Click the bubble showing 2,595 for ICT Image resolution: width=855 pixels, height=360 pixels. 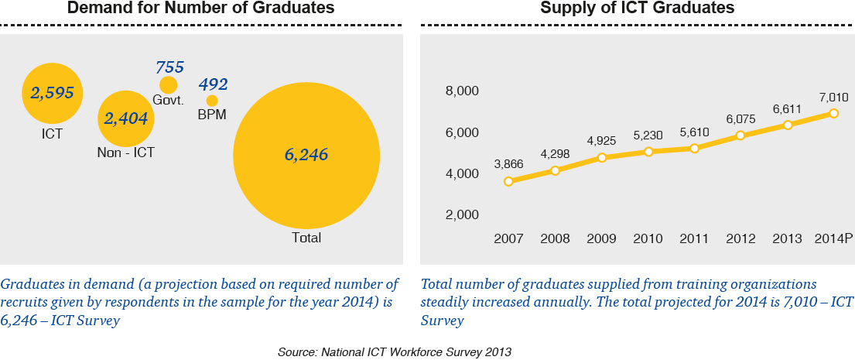[x=52, y=94]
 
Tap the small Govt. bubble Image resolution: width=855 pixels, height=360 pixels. [x=168, y=85]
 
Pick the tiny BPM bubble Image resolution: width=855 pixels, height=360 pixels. [x=212, y=101]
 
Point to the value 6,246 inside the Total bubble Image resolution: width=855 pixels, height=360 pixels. [x=306, y=155]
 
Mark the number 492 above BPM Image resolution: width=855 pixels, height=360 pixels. [x=214, y=84]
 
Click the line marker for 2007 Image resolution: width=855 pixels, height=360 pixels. [x=508, y=181]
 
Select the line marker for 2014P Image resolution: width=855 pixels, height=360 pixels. [x=833, y=113]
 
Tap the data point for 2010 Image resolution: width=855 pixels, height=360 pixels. [x=648, y=152]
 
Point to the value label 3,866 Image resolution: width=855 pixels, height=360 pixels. [x=508, y=164]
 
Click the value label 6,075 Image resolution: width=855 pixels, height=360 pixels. [x=741, y=118]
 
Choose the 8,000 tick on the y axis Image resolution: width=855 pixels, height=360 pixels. [x=462, y=92]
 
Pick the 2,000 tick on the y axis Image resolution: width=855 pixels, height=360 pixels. [x=462, y=215]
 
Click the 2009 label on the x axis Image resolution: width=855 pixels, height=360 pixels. [x=601, y=238]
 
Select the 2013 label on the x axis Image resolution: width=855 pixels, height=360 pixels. [x=788, y=238]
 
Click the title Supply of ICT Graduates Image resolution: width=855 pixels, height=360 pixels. [x=637, y=9]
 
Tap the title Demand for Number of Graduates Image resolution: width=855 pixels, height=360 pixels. [x=200, y=9]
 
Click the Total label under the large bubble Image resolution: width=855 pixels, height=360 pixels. [x=306, y=238]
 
